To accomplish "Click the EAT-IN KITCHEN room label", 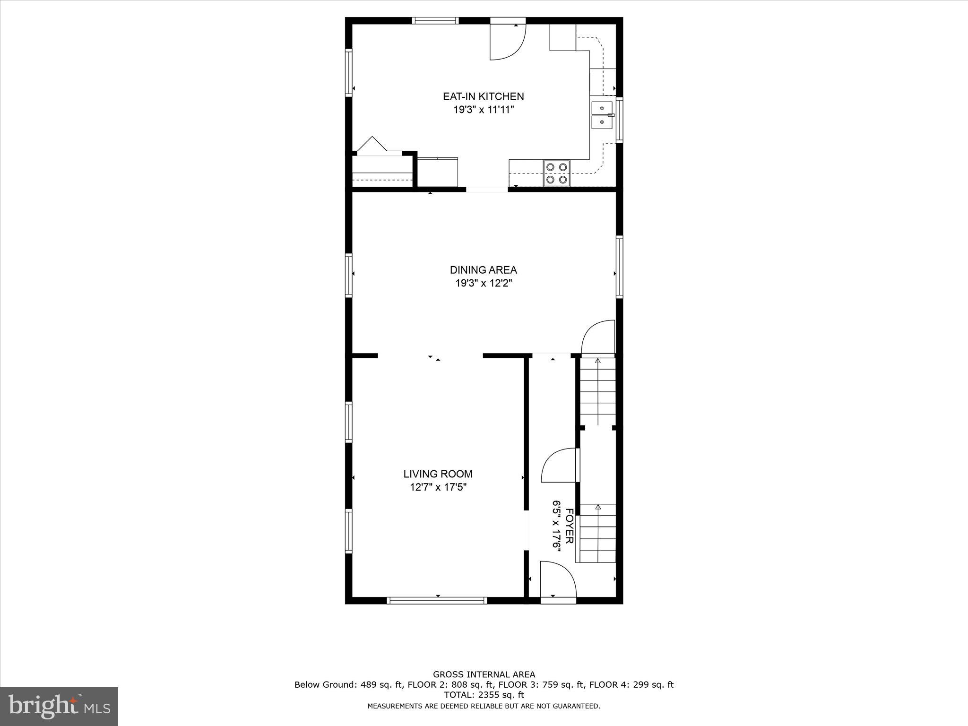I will click(483, 96).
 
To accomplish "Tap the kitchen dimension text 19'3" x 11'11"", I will click(483, 110).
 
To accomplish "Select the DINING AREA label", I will click(483, 270).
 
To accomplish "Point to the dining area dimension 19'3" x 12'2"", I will click(483, 284).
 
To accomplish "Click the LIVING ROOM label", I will click(438, 474).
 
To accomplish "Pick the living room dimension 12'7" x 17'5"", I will click(438, 487).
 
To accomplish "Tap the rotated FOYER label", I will click(570, 526).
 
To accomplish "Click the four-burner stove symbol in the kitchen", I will click(556, 173).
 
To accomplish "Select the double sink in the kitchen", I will click(602, 115).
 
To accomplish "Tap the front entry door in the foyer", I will click(558, 580).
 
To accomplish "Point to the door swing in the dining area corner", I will click(597, 337).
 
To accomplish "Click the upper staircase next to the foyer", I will click(597, 391).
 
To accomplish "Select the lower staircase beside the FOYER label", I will click(597, 533).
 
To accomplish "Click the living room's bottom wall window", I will click(437, 600).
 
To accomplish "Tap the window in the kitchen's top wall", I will click(435, 20).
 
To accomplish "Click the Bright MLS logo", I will click(59, 706).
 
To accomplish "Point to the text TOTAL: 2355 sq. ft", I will click(484, 695).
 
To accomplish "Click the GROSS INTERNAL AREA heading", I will click(484, 674).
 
